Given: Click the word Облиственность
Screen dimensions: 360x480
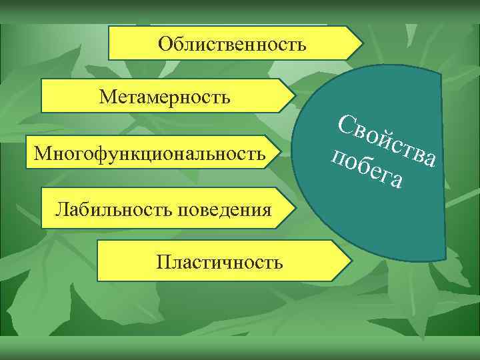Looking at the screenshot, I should [233, 45].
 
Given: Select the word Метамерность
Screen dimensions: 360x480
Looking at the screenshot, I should [165, 98].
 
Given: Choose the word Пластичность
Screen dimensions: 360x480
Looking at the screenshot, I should [220, 261].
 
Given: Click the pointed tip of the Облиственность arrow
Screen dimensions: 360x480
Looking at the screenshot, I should [363, 44].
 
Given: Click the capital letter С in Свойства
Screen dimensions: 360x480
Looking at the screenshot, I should [347, 125].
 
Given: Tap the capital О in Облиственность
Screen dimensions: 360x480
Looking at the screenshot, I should [165, 45].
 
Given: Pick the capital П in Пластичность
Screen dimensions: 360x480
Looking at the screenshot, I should [163, 261].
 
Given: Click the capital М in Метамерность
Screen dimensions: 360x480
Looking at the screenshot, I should [107, 98].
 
